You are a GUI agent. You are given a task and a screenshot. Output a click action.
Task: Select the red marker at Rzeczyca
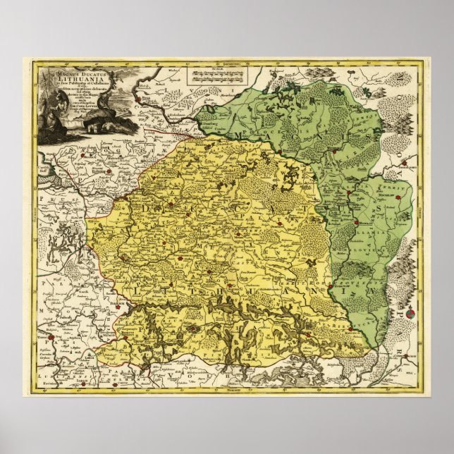[x=350, y=329]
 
